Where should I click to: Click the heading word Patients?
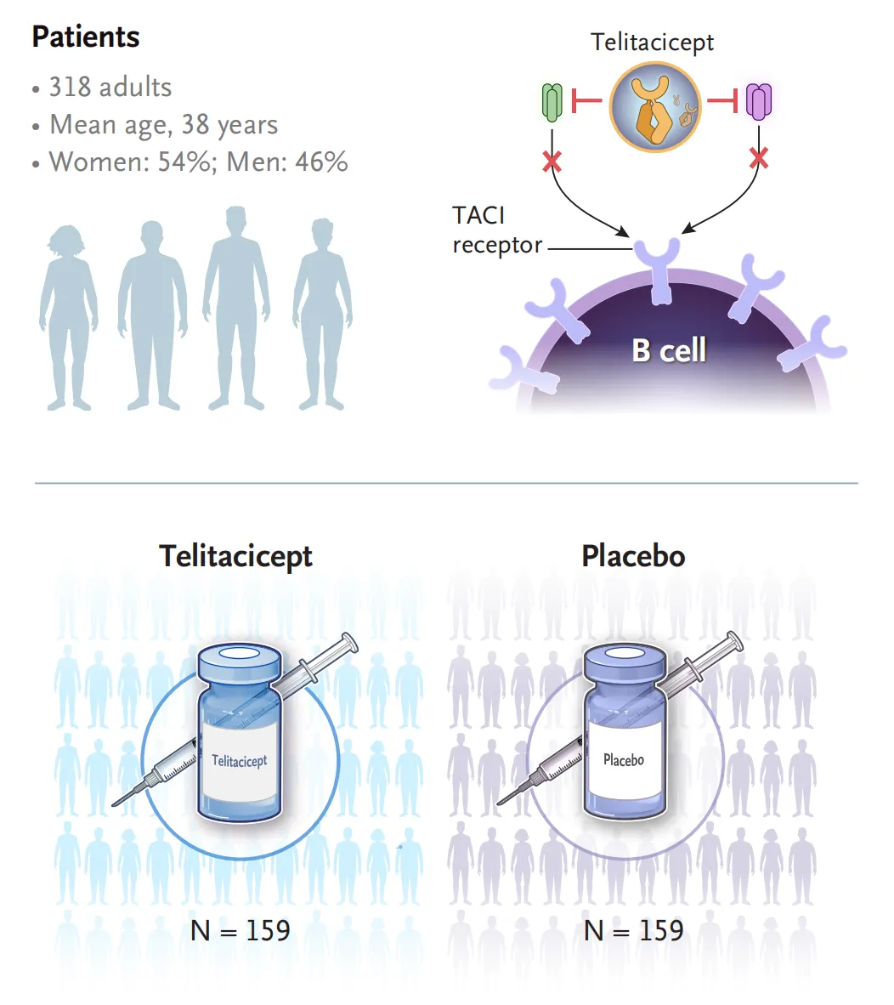(86, 37)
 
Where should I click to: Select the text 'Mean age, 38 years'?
(164, 125)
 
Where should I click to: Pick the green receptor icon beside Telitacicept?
(552, 103)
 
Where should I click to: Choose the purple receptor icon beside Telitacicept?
(759, 101)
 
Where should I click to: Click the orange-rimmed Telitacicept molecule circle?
(655, 107)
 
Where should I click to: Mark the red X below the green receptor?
(552, 162)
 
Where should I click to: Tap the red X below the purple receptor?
(759, 157)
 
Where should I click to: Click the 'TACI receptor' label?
(497, 230)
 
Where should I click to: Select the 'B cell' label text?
(669, 350)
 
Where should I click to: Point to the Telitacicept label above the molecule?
(652, 43)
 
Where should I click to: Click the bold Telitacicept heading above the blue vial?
(235, 556)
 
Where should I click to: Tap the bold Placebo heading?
(633, 556)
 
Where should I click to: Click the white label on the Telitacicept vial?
(240, 761)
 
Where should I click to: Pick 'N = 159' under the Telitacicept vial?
(240, 931)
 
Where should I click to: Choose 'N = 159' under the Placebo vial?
(633, 931)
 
